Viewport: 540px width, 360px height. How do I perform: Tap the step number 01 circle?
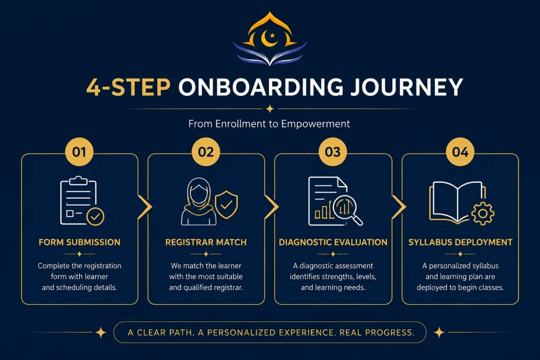pyautogui.click(x=79, y=152)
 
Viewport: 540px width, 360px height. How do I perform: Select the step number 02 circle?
pyautogui.click(x=206, y=152)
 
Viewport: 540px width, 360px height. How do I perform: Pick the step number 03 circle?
pyautogui.click(x=333, y=152)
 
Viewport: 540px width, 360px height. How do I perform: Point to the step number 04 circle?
pyautogui.click(x=460, y=152)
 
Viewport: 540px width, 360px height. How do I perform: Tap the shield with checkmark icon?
pyautogui.click(x=226, y=205)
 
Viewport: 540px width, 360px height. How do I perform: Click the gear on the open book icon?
pyautogui.click(x=483, y=213)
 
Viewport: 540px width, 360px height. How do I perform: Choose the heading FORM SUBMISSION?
pyautogui.click(x=80, y=242)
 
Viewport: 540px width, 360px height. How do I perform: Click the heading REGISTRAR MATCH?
pyautogui.click(x=206, y=242)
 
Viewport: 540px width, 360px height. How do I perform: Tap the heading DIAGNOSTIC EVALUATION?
pyautogui.click(x=333, y=242)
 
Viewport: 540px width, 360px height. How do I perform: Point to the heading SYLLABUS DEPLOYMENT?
pyautogui.click(x=460, y=242)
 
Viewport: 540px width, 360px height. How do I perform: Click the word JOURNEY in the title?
pyautogui.click(x=407, y=87)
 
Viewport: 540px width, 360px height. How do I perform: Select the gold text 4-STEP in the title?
pyautogui.click(x=129, y=87)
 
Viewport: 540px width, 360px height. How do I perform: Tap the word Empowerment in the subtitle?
pyautogui.click(x=315, y=124)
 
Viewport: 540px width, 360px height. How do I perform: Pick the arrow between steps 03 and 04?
pyautogui.click(x=400, y=207)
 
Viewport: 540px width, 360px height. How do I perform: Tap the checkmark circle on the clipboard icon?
pyautogui.click(x=95, y=217)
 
